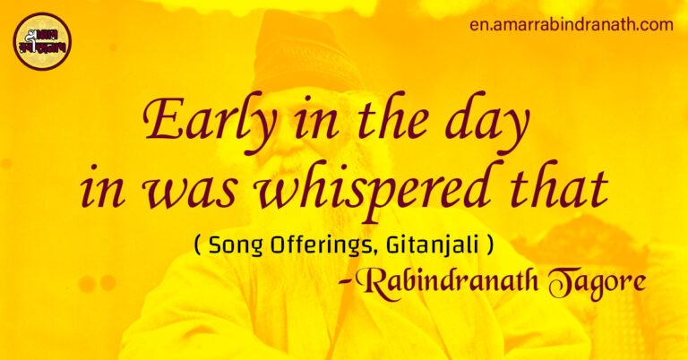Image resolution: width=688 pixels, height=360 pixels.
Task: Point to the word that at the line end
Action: [x=558, y=186]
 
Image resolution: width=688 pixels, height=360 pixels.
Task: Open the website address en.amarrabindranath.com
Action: [x=571, y=24]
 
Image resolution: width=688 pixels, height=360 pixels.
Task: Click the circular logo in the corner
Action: [x=41, y=41]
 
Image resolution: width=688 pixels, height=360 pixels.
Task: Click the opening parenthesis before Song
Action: [x=197, y=243]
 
